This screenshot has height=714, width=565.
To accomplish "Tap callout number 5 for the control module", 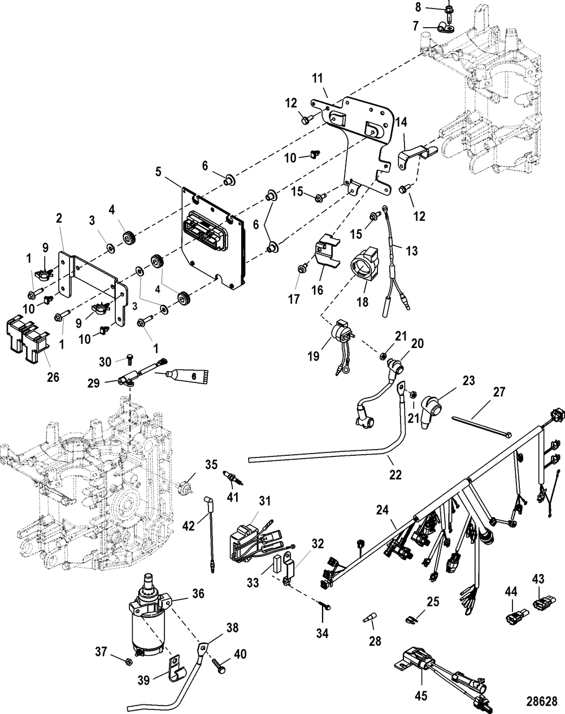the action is coord(158,172).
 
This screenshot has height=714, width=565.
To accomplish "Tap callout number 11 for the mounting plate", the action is coord(318,79).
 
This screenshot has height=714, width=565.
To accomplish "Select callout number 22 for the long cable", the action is coord(395,475).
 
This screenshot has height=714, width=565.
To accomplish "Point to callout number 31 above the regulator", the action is coord(264,500).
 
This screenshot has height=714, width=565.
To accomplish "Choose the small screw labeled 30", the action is coord(129,358).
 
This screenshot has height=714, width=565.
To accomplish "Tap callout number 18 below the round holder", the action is coord(363,302).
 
